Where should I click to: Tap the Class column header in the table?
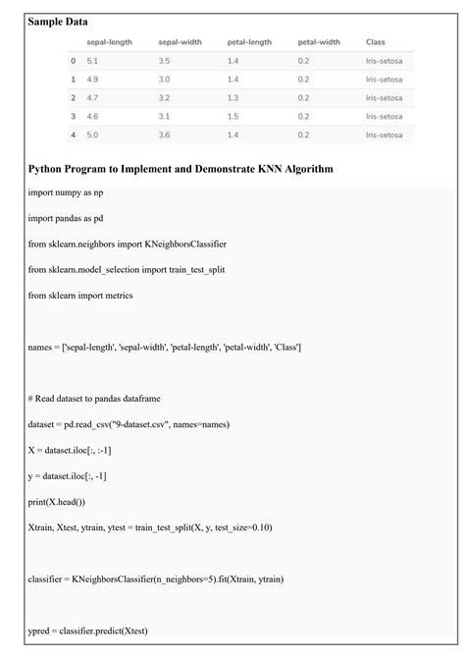point(375,42)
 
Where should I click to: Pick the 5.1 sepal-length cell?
point(92,61)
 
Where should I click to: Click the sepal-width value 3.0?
point(164,80)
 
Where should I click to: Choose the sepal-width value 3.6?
point(164,135)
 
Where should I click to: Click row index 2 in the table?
point(73,98)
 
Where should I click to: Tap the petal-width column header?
point(319,42)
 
